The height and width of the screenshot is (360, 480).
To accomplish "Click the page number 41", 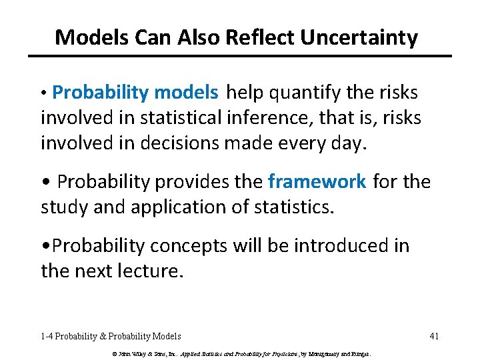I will point(434,336).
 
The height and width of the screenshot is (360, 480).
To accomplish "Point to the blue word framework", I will point(317,181).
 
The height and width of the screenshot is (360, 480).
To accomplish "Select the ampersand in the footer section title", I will point(102,336).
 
